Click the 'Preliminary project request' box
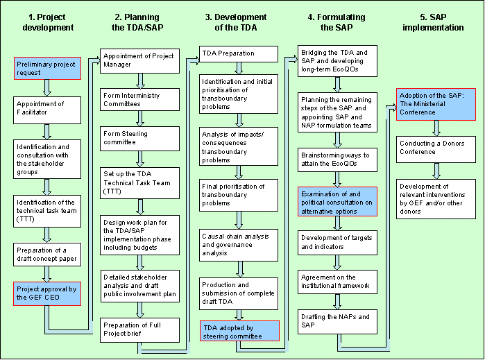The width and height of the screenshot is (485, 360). (x=48, y=69)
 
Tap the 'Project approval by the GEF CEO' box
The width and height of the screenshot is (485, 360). (x=48, y=293)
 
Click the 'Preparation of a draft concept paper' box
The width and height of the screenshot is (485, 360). (x=48, y=255)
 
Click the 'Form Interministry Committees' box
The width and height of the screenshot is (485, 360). (x=139, y=99)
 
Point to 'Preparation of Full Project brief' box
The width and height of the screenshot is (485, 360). (x=139, y=328)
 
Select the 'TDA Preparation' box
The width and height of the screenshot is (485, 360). (x=239, y=53)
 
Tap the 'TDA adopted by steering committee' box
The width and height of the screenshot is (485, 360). (x=239, y=331)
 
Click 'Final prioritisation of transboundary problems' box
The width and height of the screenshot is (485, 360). (x=239, y=195)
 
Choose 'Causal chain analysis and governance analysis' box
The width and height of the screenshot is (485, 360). (x=239, y=244)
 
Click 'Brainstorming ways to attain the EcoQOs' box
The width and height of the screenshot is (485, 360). (x=338, y=157)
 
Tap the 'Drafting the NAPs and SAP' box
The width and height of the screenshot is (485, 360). (x=338, y=320)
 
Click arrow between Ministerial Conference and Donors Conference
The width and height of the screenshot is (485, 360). (x=436, y=128)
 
